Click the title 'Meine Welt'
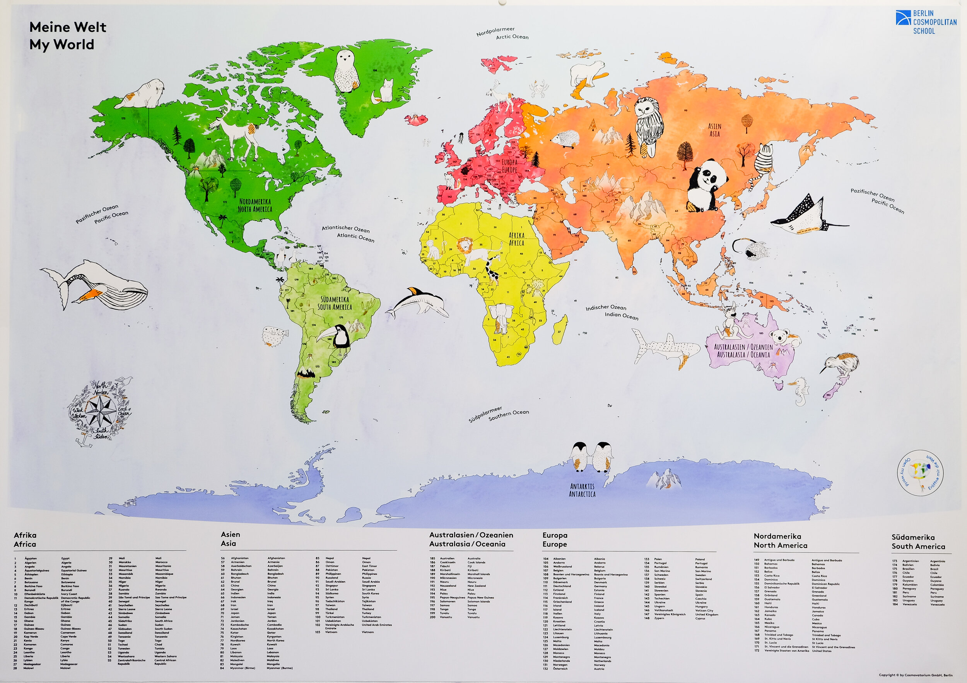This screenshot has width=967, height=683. click(67, 27)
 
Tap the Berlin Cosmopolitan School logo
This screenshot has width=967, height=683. click(926, 22)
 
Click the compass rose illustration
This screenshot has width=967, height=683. click(100, 411)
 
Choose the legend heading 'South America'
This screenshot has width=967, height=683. click(918, 546)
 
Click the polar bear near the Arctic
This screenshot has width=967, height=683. click(588, 75)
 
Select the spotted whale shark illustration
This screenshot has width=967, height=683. click(665, 347)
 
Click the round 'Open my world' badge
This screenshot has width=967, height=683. click(920, 473)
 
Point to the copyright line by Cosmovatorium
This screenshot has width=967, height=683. click(915, 675)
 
